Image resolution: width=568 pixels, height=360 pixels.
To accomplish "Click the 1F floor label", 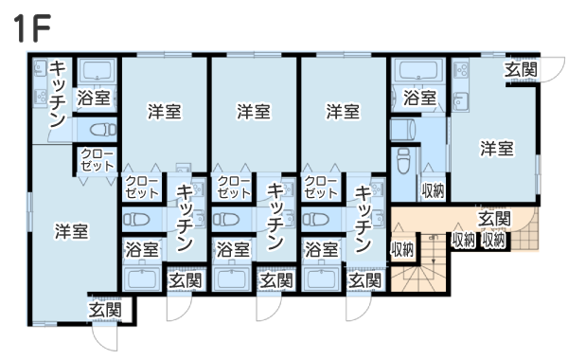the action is point(31,27).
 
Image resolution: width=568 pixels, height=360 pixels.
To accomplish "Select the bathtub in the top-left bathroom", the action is point(97,70).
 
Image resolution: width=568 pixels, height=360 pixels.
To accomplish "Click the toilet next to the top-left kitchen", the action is point(103,130).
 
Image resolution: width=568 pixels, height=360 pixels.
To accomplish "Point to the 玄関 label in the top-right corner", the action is point(521,69).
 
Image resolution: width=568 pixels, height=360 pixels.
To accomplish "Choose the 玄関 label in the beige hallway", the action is point(494,219).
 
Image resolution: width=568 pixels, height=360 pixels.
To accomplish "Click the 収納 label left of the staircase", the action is point(402,249).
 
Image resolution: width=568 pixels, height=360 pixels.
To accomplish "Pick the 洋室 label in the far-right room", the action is point(497,149).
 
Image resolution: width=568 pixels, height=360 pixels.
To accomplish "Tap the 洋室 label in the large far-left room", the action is point(71,231).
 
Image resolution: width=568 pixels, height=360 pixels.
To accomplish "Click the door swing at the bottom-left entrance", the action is point(105,337).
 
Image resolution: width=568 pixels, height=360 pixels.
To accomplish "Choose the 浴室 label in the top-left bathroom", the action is point(94,99).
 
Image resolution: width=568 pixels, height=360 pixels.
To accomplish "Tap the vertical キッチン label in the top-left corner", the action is point(58,94).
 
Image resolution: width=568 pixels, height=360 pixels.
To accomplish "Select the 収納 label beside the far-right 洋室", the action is point(433,190).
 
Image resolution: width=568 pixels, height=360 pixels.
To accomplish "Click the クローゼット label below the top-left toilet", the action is point(98,160).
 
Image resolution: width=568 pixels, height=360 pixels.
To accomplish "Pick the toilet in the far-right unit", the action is point(403,161).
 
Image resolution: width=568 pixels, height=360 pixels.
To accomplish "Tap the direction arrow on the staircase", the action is point(433,250).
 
